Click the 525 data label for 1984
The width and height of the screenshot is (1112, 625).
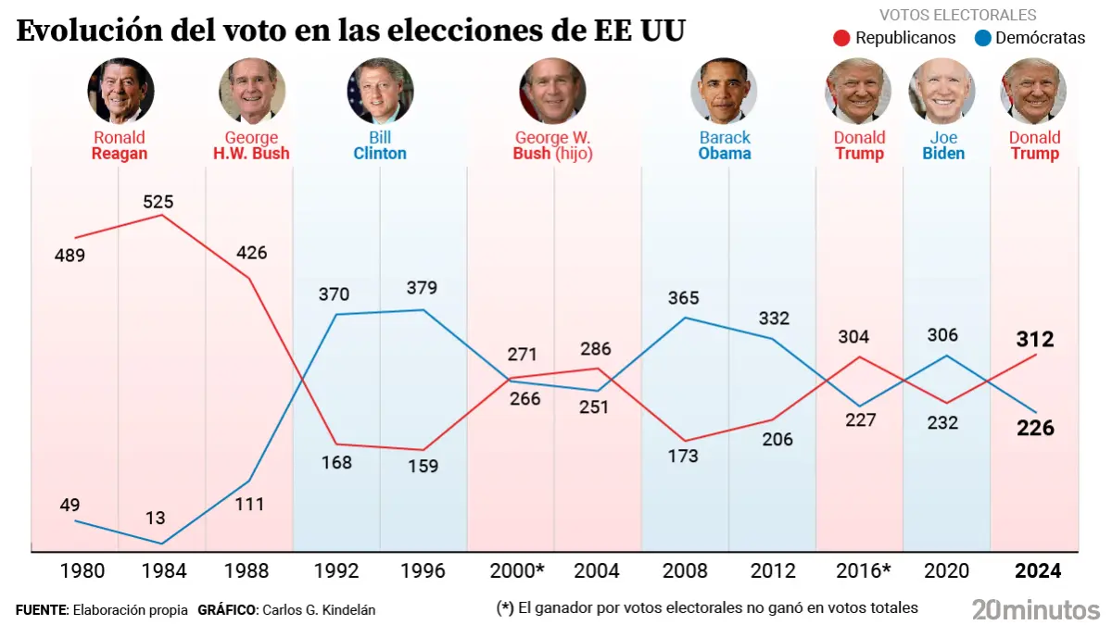(x=158, y=201)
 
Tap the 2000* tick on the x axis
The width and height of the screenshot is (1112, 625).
(x=511, y=570)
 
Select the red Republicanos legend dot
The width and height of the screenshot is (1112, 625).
(x=841, y=38)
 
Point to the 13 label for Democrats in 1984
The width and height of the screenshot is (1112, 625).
(x=155, y=519)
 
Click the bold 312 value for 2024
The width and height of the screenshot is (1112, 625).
(x=1035, y=339)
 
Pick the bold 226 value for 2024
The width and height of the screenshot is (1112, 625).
(x=1035, y=428)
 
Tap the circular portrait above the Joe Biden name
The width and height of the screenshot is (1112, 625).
(x=942, y=91)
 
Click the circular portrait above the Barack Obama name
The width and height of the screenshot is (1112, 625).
(x=724, y=91)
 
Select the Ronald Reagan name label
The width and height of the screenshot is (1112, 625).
(x=120, y=145)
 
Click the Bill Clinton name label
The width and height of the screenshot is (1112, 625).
(x=380, y=145)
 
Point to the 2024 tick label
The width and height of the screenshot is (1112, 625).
(x=1038, y=570)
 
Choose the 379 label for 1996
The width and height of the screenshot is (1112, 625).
(x=422, y=287)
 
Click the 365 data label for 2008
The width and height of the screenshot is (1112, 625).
(x=683, y=298)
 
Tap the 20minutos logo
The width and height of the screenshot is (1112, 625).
(x=1035, y=609)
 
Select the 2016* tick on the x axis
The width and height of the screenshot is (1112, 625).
(x=863, y=570)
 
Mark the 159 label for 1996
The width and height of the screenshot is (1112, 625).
(x=423, y=466)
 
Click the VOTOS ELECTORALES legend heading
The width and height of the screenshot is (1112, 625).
(x=957, y=16)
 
